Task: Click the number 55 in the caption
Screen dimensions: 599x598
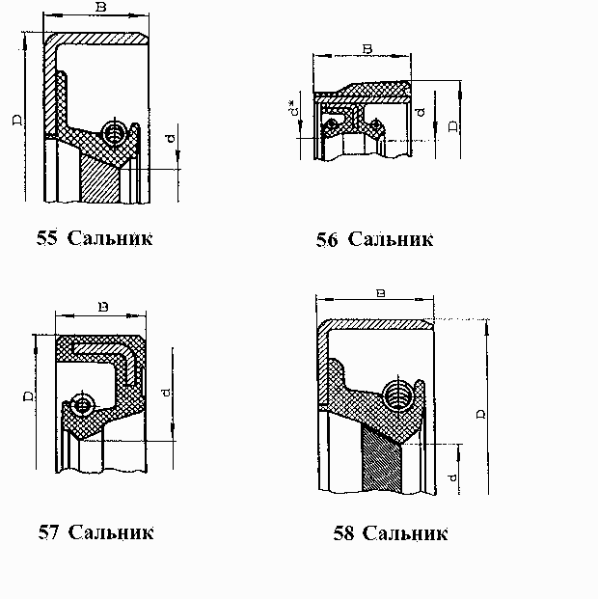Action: point(46,237)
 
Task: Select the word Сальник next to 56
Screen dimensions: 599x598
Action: point(390,239)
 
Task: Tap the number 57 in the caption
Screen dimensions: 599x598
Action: point(48,531)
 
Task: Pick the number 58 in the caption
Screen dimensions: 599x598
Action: point(343,533)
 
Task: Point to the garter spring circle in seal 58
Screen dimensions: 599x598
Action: point(400,394)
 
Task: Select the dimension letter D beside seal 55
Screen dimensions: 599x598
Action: point(16,120)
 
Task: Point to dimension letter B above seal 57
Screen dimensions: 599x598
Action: point(102,308)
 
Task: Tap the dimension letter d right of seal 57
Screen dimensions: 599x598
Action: point(166,393)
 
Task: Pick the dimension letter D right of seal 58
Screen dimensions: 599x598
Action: point(479,413)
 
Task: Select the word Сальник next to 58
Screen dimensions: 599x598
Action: point(407,533)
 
